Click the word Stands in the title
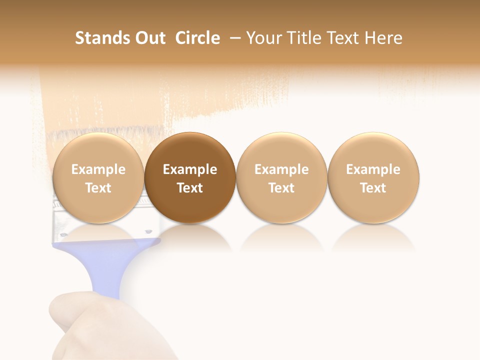[100, 38]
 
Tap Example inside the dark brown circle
[190, 169]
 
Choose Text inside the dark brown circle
[190, 188]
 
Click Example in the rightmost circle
[373, 169]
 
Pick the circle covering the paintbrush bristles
[98, 150]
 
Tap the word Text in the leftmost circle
[98, 188]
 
